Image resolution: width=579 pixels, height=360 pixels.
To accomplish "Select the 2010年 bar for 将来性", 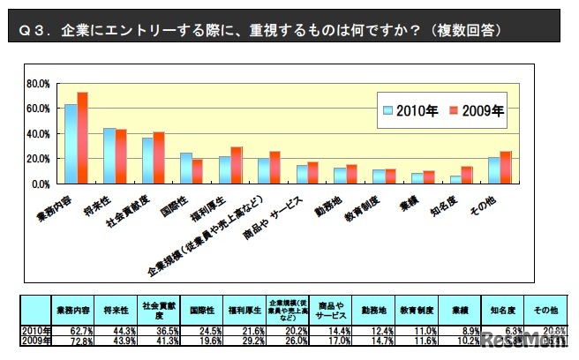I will coord(109,156).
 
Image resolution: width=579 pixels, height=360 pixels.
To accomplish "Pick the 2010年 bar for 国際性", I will coord(186,169).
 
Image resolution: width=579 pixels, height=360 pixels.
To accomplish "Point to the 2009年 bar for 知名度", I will coord(467,176).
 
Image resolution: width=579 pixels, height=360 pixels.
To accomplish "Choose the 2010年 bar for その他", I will coord(493,171).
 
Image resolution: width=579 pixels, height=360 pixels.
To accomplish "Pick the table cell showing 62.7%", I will coord(73,328).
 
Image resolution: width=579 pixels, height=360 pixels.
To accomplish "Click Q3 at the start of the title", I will coord(33,30).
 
